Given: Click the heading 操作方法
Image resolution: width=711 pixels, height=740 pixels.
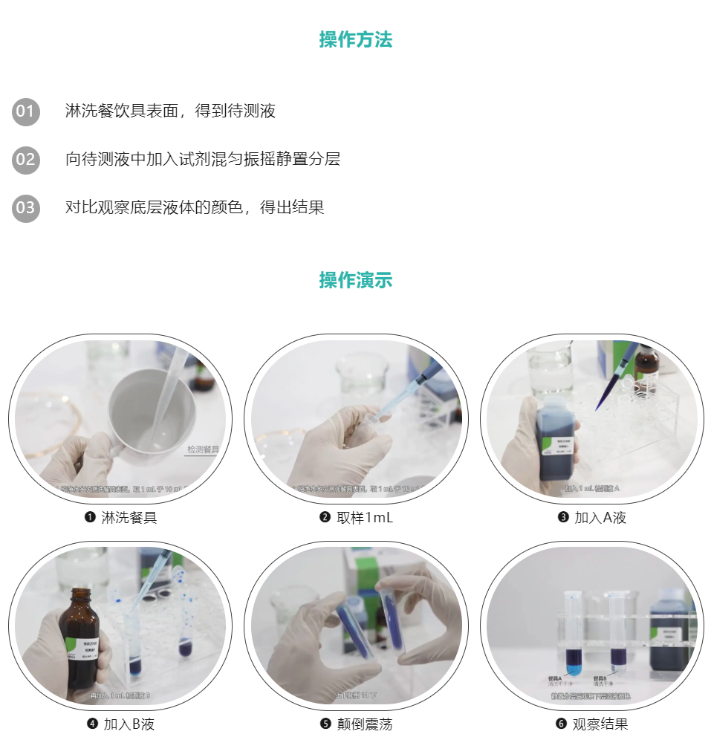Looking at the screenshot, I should coord(355,39).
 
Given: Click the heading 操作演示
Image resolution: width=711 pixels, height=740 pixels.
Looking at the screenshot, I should coord(355,280).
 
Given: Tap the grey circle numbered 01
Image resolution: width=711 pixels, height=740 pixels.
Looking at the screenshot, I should coord(25,112).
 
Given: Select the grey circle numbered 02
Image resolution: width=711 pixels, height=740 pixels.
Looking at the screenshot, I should coord(25,160).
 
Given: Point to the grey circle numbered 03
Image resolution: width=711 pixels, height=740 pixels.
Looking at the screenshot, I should coord(25,207).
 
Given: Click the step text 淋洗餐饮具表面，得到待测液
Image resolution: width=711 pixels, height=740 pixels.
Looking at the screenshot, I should coord(170,111).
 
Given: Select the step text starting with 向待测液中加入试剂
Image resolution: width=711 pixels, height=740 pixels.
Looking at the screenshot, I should coord(202,159).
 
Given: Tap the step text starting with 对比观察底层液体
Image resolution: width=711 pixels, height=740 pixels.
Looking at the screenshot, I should coord(195,207).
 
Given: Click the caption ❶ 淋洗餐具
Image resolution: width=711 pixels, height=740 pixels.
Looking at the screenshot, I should coord(120,518).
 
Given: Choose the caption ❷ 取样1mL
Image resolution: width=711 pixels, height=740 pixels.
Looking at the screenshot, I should coord(356,518).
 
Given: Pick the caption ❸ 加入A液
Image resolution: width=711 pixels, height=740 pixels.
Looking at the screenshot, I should coord(592,518).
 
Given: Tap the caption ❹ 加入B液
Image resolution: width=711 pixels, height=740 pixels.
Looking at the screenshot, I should coord(120,724).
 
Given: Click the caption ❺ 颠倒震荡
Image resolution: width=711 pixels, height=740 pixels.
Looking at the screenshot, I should coord(356,724).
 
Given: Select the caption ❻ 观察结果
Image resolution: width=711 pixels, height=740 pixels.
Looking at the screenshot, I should coord(592,724).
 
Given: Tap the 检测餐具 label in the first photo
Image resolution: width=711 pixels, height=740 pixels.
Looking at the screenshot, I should coord(202,449).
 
